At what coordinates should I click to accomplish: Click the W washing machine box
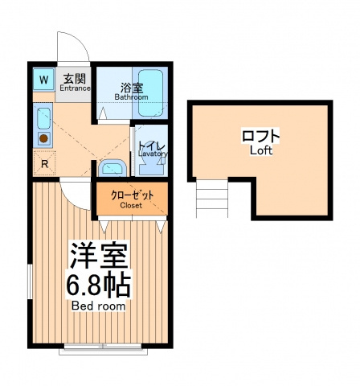point(43,79)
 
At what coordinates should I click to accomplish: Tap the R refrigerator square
point(44,163)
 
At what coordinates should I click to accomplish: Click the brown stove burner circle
point(43,138)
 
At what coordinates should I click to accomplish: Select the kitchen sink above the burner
point(43,118)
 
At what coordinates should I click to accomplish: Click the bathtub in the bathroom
point(150,93)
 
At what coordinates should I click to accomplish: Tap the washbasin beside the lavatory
point(112,167)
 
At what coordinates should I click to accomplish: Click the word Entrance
point(75,88)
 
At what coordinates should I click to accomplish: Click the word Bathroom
point(131,97)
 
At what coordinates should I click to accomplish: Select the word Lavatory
point(153,154)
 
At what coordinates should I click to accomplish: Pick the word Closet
point(131,206)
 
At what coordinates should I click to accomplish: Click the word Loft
point(261,150)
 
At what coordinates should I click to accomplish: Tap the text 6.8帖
point(98,285)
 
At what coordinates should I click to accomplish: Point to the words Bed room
point(98,306)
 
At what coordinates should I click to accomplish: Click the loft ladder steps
point(212,198)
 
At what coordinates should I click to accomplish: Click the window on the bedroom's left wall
point(30,281)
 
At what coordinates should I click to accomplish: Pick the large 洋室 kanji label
point(98,256)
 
